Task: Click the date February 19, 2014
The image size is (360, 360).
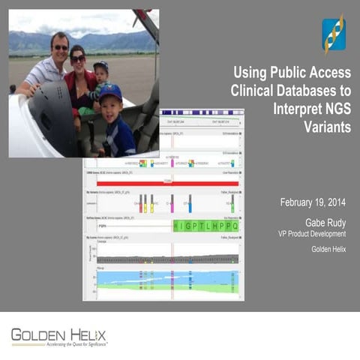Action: click(x=313, y=203)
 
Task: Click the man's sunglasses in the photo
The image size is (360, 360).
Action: click(x=61, y=47)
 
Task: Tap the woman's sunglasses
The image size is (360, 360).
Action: click(x=78, y=58)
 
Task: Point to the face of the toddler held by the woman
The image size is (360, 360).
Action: click(x=100, y=74)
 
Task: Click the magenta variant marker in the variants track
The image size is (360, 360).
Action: click(x=172, y=202)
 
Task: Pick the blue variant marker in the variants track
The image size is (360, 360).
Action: click(x=190, y=202)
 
